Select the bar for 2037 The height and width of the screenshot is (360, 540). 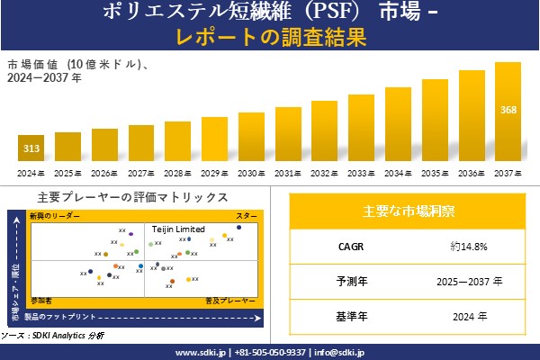508,112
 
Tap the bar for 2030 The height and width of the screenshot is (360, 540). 251,137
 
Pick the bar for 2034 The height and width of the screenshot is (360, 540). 398,124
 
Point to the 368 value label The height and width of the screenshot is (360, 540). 508,110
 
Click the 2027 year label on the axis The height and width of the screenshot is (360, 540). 141,173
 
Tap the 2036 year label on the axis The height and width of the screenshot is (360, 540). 472,173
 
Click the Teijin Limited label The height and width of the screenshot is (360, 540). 178,229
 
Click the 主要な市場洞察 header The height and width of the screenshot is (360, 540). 408,211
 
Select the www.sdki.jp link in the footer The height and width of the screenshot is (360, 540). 200,352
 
